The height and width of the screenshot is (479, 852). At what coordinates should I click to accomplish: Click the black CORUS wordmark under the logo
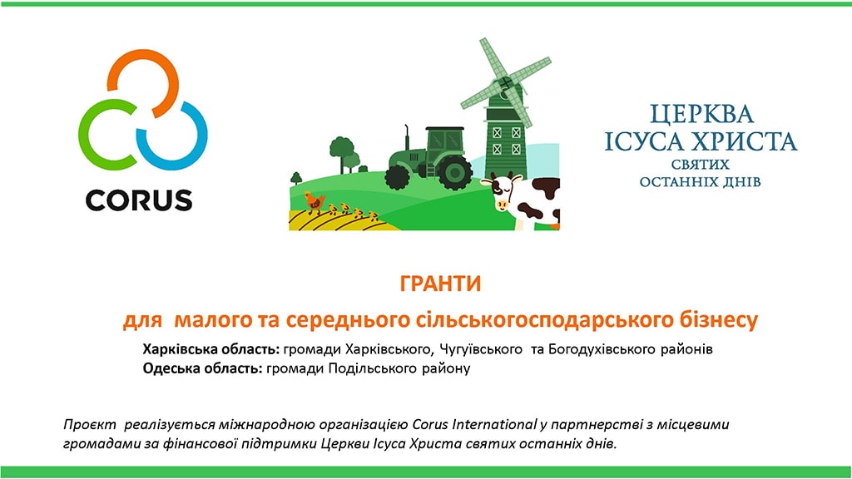[139, 200]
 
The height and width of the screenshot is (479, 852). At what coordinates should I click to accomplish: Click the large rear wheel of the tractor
[454, 171]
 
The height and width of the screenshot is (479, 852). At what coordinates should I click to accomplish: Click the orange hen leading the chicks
[314, 202]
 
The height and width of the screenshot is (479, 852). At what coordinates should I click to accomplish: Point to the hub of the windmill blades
[506, 83]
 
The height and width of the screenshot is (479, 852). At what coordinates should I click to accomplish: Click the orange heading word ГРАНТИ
[441, 284]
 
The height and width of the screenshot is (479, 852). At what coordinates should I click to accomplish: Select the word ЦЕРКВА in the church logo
[702, 115]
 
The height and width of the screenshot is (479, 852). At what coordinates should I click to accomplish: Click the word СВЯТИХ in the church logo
[701, 165]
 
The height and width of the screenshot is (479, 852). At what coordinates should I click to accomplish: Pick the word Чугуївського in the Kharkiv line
[480, 349]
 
